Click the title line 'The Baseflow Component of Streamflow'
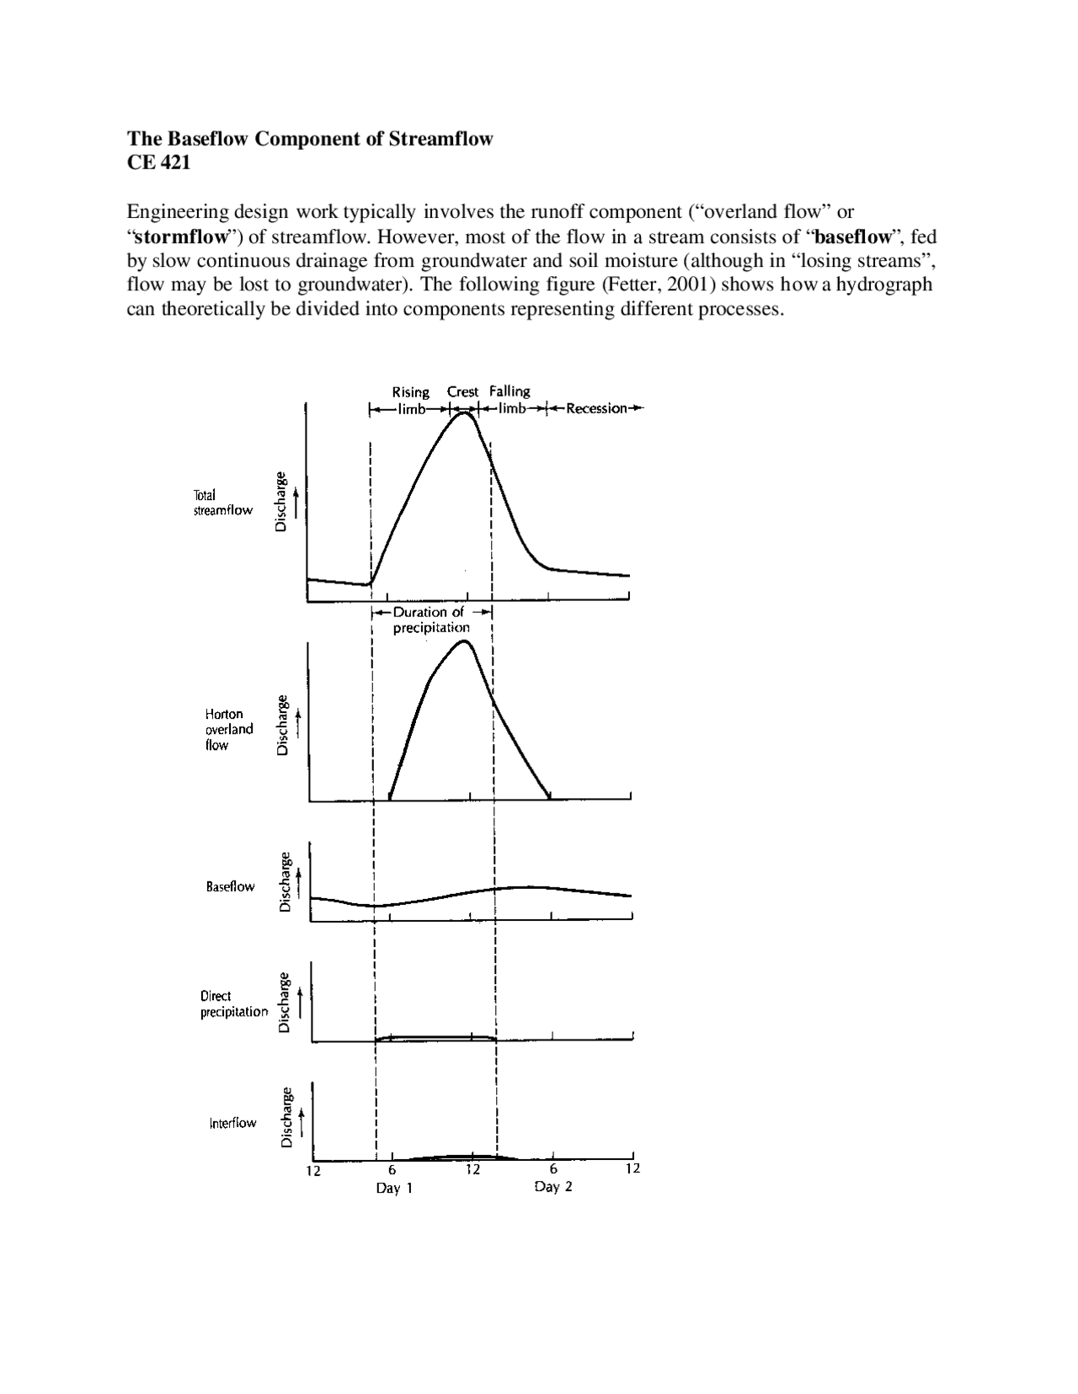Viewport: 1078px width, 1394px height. coord(309,139)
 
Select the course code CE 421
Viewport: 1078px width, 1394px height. coord(158,162)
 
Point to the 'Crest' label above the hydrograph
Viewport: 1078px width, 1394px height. coord(462,391)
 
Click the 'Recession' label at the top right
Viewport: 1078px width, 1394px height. coord(596,409)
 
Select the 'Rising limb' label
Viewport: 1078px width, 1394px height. coord(410,400)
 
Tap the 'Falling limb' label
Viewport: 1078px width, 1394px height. coord(510,400)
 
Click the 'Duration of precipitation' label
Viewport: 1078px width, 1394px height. coord(431,620)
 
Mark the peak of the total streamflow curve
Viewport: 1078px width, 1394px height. coord(463,412)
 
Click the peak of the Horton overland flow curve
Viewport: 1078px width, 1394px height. coord(464,641)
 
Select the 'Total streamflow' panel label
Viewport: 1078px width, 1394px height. coord(222,503)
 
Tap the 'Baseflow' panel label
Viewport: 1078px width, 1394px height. coord(230,886)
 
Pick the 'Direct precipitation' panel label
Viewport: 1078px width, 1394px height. coord(233,1003)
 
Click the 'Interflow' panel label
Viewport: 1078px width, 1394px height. coord(232,1123)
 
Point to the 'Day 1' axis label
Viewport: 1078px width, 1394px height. coord(394,1189)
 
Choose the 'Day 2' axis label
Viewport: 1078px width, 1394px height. coord(553,1187)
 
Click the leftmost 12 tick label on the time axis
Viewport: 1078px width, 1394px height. coord(313,1171)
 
